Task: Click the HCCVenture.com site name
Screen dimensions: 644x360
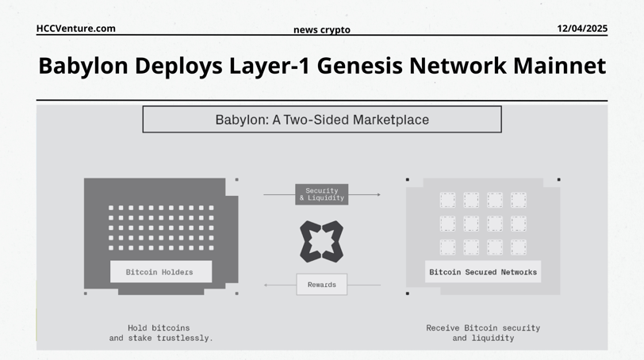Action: coord(76,29)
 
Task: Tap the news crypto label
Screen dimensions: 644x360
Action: coord(322,30)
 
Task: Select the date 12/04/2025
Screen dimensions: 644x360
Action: coord(582,29)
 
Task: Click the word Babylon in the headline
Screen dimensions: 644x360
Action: coord(83,66)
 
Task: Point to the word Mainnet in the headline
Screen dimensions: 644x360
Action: coord(559,66)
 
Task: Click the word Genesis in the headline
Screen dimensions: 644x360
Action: coord(360,66)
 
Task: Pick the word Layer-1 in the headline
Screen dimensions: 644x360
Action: coord(270,67)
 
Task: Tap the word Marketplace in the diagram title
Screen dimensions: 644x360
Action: coord(390,120)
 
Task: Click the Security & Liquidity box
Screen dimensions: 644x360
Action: coord(321,194)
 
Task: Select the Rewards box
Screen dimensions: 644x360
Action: coord(321,285)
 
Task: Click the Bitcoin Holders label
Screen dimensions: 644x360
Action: coord(159,272)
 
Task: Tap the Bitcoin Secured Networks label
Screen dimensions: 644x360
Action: coord(483,272)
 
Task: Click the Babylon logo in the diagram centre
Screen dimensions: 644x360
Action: coord(321,242)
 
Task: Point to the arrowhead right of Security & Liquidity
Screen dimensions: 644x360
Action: coord(378,194)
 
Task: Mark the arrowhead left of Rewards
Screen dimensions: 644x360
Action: coord(266,285)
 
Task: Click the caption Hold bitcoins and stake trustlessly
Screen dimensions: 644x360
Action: coord(161,333)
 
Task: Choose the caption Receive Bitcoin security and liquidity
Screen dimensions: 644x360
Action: coord(483,333)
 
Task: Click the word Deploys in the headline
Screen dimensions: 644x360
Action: coord(178,67)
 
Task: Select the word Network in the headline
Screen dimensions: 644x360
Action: coord(458,66)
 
